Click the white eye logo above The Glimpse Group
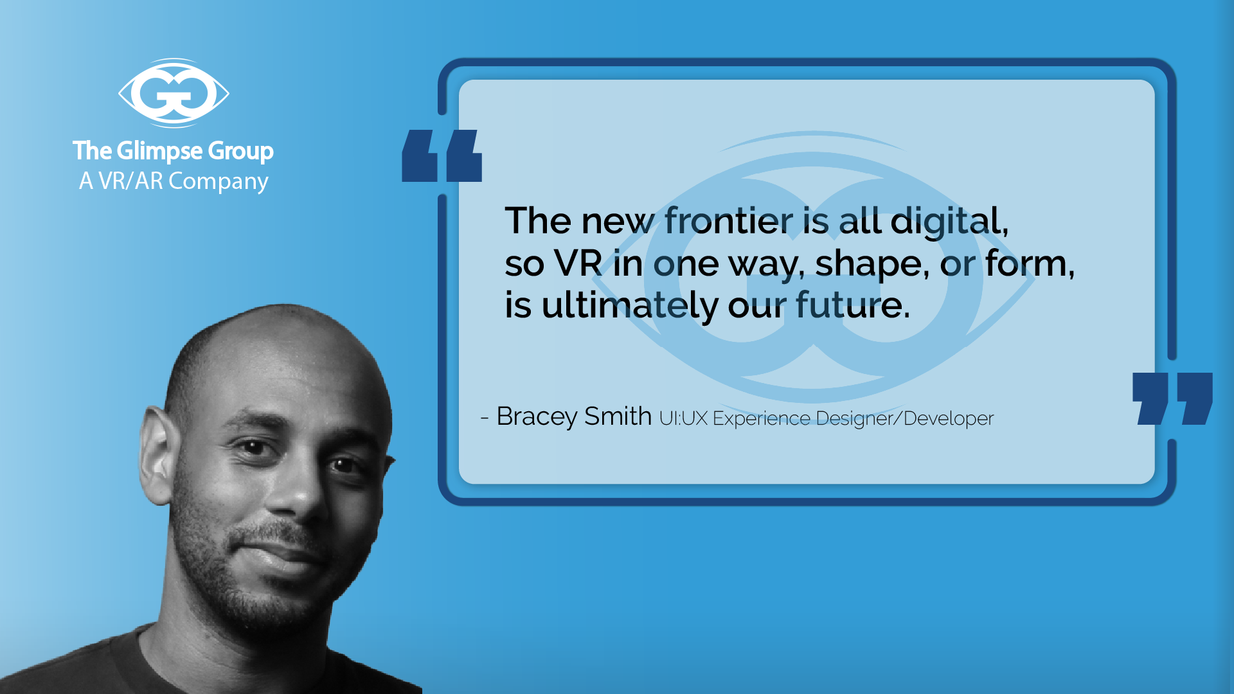pyautogui.click(x=174, y=93)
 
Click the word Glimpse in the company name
pyautogui.click(x=160, y=152)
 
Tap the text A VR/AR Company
pyautogui.click(x=174, y=182)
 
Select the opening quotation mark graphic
pyautogui.click(x=442, y=156)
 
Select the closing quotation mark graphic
pyautogui.click(x=1172, y=398)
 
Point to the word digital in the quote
pyautogui.click(x=949, y=222)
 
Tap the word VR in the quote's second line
pyautogui.click(x=578, y=263)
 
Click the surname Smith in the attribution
pyautogui.click(x=618, y=416)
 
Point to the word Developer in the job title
pyautogui.click(x=949, y=419)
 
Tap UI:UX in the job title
pyautogui.click(x=683, y=418)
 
